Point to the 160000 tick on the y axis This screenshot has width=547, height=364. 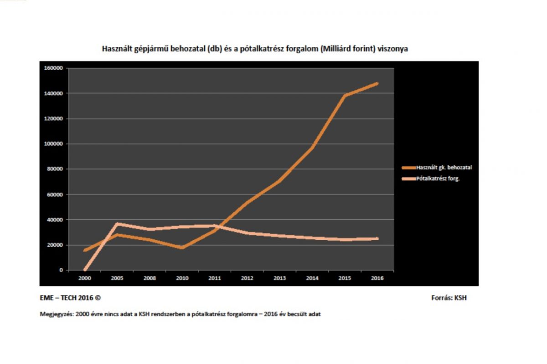coord(54,68)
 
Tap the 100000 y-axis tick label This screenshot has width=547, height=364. coord(54,144)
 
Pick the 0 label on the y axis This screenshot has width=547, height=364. coord(61,270)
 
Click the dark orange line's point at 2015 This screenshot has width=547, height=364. coord(345,96)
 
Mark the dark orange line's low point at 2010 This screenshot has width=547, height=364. coord(182,248)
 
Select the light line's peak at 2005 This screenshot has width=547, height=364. coord(118,224)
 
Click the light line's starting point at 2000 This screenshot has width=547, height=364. coord(85,269)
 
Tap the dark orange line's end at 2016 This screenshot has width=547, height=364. coord(377,83)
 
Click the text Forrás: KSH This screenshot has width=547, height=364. coord(449,298)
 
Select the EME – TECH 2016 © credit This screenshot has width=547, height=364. coord(70,298)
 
